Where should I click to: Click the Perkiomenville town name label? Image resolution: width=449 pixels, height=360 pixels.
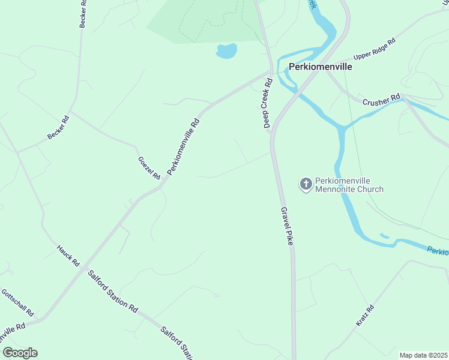[320, 67]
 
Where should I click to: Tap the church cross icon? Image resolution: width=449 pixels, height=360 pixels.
[306, 184]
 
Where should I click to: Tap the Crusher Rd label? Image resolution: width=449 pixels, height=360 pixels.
[381, 99]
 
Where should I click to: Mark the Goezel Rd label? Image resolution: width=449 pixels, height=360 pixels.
[149, 168]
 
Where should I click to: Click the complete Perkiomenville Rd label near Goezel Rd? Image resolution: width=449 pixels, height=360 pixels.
[183, 146]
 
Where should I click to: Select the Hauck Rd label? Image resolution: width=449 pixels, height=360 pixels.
[68, 255]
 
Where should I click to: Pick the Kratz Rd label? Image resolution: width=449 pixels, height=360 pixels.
[365, 316]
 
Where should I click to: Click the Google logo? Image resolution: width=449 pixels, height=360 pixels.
[20, 353]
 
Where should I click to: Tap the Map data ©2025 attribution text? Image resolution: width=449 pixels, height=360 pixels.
[424, 355]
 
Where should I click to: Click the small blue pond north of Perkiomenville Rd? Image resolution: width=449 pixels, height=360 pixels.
[226, 51]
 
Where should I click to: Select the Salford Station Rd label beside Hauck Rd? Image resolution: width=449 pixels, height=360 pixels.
[113, 292]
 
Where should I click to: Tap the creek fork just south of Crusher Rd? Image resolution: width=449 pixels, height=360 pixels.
[343, 127]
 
